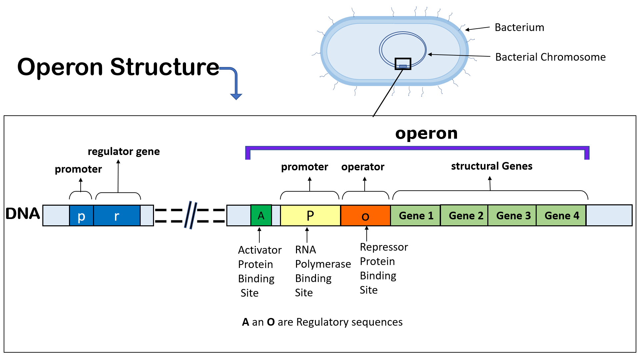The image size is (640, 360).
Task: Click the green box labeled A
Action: pyautogui.click(x=261, y=216)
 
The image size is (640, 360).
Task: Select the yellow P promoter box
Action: pyautogui.click(x=310, y=216)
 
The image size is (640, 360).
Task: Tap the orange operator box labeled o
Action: pyautogui.click(x=365, y=216)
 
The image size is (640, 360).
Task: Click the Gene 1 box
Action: pyautogui.click(x=416, y=216)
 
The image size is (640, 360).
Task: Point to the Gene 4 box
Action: pyautogui.click(x=561, y=216)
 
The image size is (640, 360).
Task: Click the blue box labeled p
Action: pyautogui.click(x=81, y=216)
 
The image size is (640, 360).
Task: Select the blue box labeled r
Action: pyautogui.click(x=117, y=216)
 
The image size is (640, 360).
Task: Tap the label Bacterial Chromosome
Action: pyautogui.click(x=550, y=57)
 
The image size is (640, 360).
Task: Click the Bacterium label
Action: pyautogui.click(x=519, y=27)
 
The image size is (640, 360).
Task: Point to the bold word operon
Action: pyautogui.click(x=426, y=133)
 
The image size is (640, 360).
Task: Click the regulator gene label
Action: pyautogui.click(x=124, y=152)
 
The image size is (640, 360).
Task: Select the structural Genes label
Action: pyautogui.click(x=492, y=166)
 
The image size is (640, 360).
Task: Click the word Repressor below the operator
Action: pyautogui.click(x=384, y=247)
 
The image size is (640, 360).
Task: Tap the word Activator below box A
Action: pyautogui.click(x=260, y=250)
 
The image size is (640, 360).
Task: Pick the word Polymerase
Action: pyautogui.click(x=323, y=264)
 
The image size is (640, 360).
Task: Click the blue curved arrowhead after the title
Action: pyautogui.click(x=236, y=96)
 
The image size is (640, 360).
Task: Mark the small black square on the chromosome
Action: pyautogui.click(x=403, y=64)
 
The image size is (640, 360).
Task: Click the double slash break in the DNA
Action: pyautogui.click(x=191, y=215)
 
